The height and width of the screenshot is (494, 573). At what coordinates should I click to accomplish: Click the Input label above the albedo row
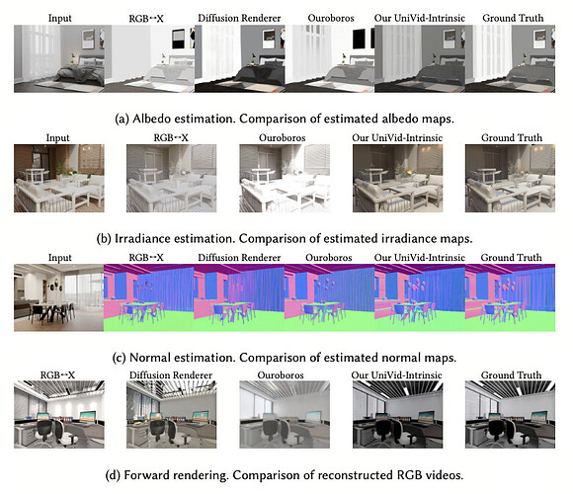click(x=59, y=18)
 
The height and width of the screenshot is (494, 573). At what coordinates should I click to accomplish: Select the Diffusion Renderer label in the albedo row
click(x=239, y=18)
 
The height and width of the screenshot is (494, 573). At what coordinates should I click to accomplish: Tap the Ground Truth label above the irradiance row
click(x=512, y=137)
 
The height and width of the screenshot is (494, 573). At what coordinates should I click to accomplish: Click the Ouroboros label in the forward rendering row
click(x=281, y=375)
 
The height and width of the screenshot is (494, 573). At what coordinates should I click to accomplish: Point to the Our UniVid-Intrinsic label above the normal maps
click(x=420, y=258)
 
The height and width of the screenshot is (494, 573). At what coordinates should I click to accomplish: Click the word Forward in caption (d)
click(x=146, y=475)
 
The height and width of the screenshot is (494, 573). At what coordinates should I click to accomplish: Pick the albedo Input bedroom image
click(x=59, y=58)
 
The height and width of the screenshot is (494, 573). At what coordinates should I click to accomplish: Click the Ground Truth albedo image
click(x=510, y=58)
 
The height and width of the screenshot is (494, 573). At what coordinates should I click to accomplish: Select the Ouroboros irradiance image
click(x=285, y=178)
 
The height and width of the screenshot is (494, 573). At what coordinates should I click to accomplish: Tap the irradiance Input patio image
click(x=59, y=178)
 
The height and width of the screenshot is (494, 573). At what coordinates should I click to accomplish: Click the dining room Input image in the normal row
click(x=59, y=297)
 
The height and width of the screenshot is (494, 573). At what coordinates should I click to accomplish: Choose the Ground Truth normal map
click(x=510, y=297)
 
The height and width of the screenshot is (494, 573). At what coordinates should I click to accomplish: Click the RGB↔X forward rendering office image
click(x=59, y=414)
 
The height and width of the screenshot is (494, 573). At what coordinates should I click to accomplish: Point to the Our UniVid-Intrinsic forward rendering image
click(x=397, y=414)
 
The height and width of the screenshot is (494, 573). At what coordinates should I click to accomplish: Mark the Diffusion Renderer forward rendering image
click(x=171, y=414)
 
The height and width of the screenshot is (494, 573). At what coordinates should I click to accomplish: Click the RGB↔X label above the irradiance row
click(x=171, y=137)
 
